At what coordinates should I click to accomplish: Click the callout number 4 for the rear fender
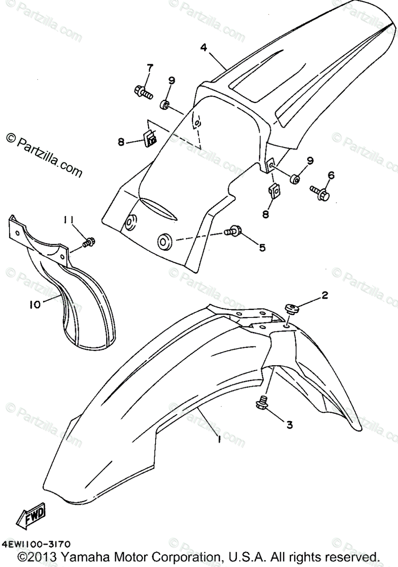click(x=203, y=48)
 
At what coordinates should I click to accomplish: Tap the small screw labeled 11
click(x=88, y=242)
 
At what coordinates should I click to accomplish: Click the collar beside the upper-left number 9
click(x=165, y=104)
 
